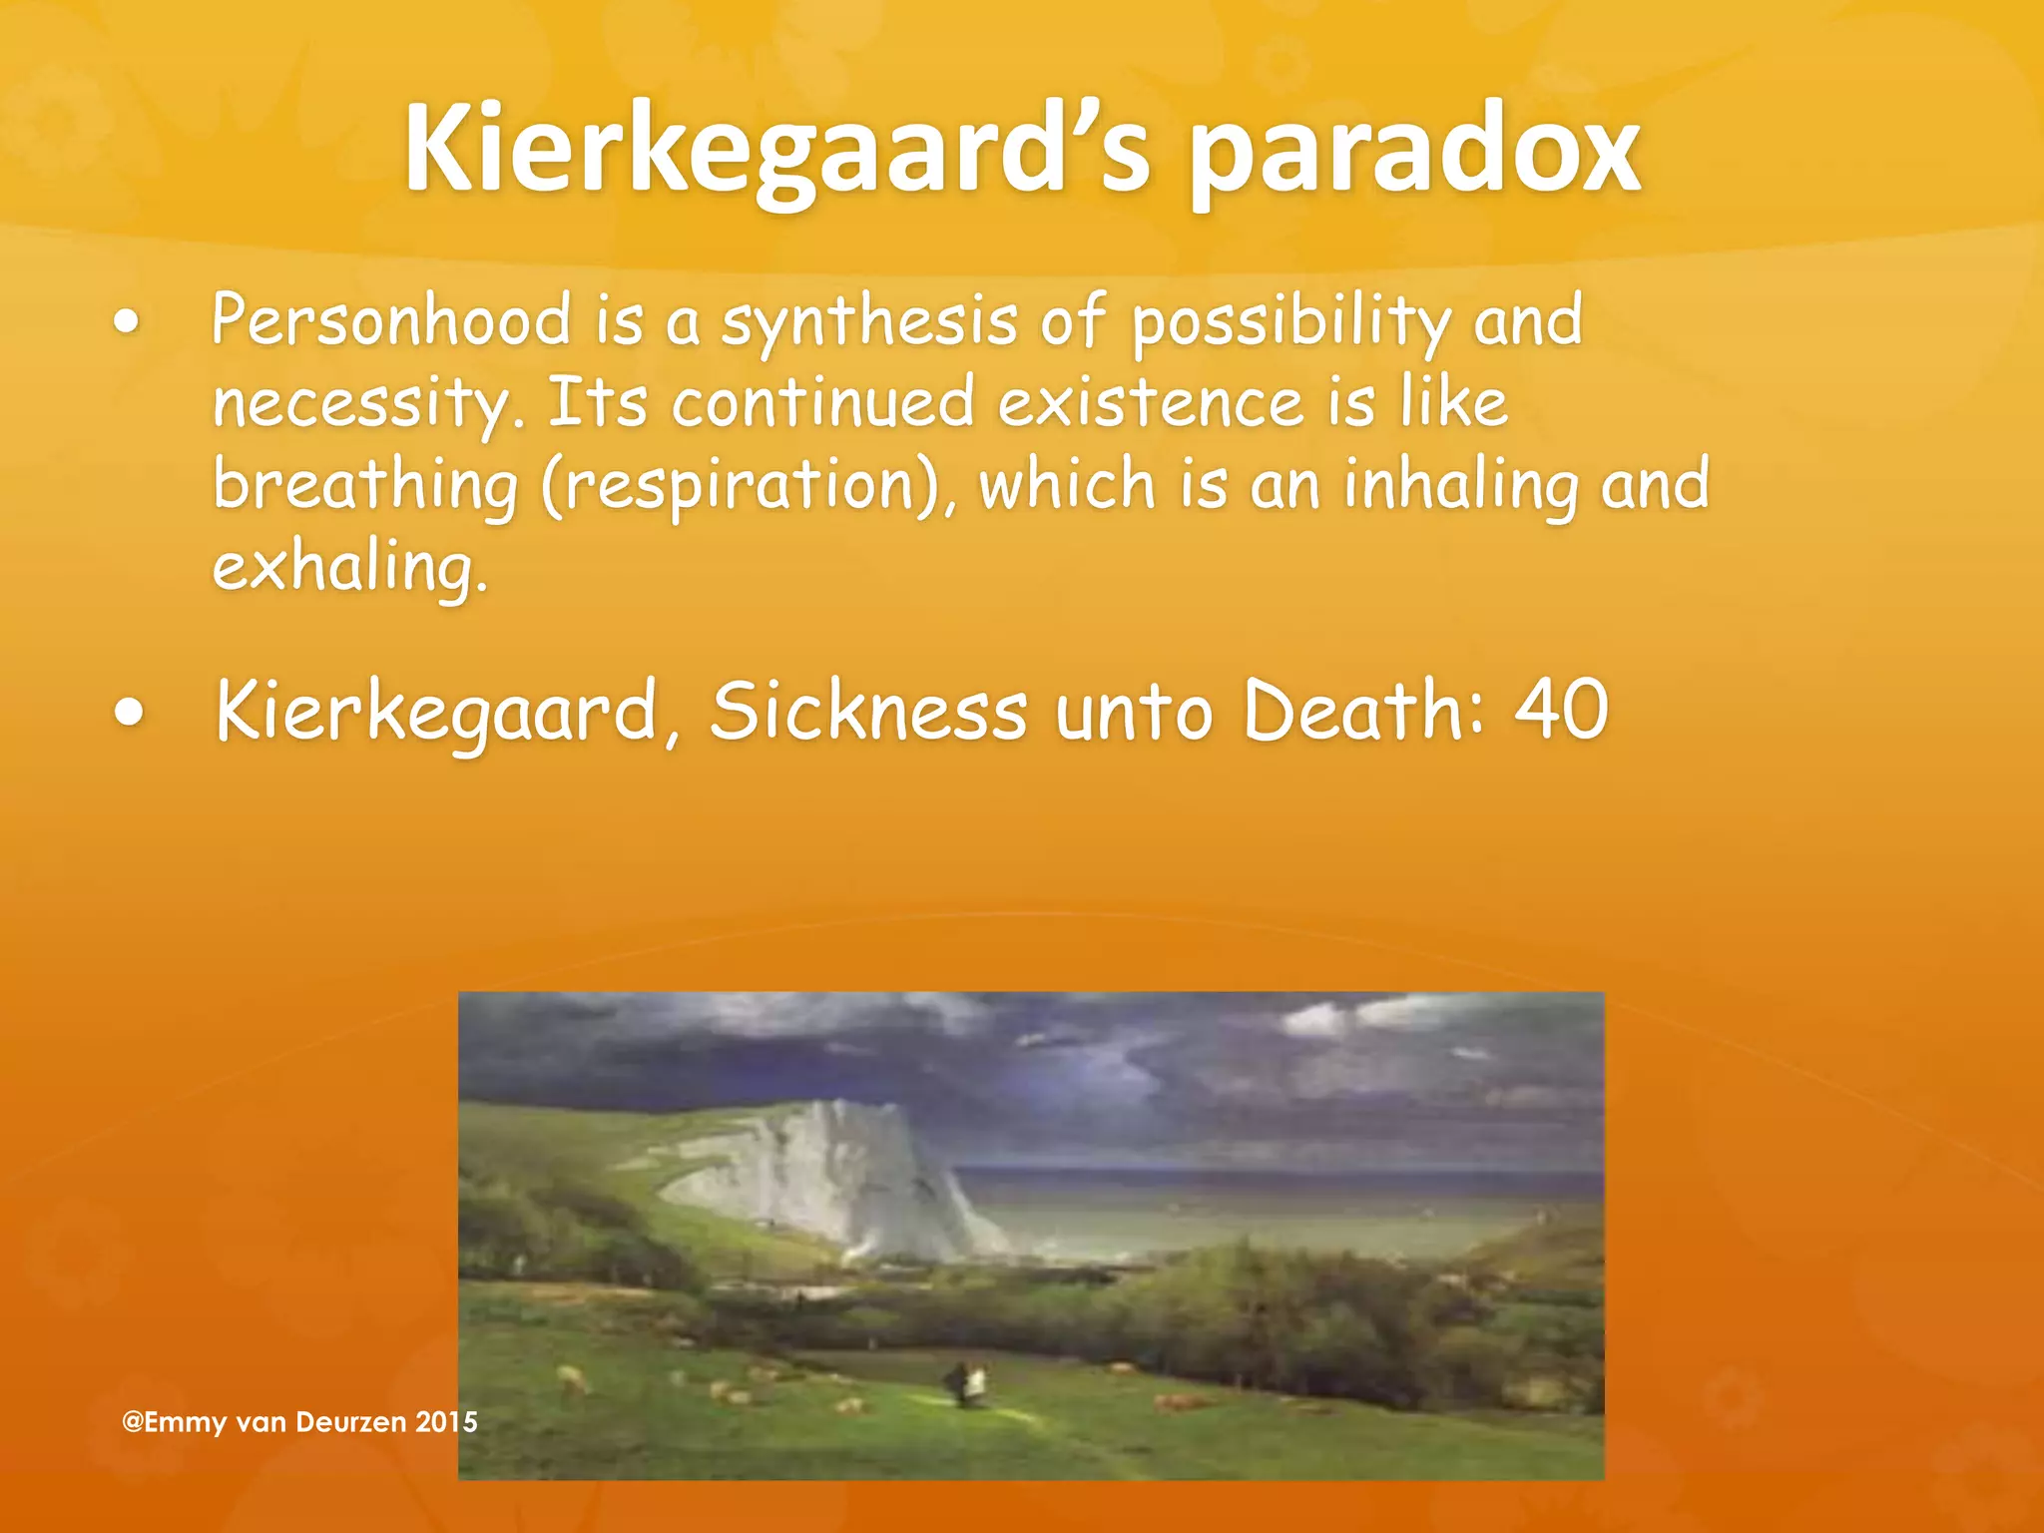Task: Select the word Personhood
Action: coord(391,321)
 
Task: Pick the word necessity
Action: coord(367,404)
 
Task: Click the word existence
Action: coord(1151,402)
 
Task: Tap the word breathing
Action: coord(365,486)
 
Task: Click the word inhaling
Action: coord(1459,486)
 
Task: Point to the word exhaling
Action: coord(349,568)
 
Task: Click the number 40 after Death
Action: coord(1561,710)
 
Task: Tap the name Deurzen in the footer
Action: coord(351,1422)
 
